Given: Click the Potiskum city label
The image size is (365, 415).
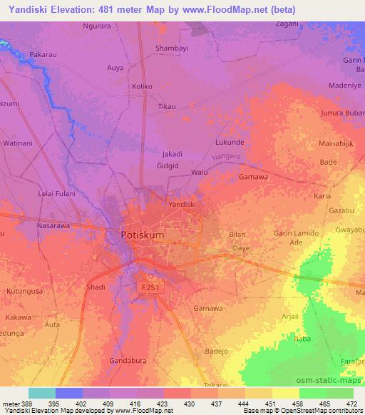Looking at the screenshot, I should coord(138,235).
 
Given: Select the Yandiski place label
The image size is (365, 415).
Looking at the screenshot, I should coord(182,204).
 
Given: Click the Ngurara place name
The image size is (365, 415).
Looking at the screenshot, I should coord(97,26).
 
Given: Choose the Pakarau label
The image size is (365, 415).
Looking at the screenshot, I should coord(44,53).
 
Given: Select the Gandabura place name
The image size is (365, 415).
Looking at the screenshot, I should coord(128,361).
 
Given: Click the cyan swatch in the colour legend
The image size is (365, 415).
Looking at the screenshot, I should coord(42,393).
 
